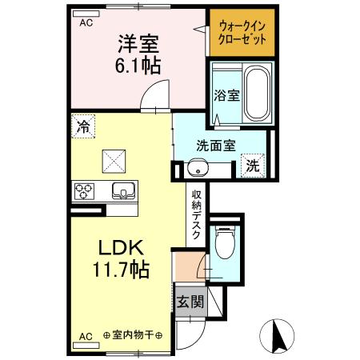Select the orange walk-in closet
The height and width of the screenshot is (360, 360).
pos(241,34)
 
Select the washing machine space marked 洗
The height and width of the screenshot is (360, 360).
pos(252,166)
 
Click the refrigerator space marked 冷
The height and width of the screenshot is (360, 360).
pos(82,125)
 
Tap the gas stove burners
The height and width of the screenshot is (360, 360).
pos(84,190)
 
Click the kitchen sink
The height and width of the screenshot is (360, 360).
pos(122,190)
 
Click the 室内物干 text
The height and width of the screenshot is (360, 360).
pos(132,334)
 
